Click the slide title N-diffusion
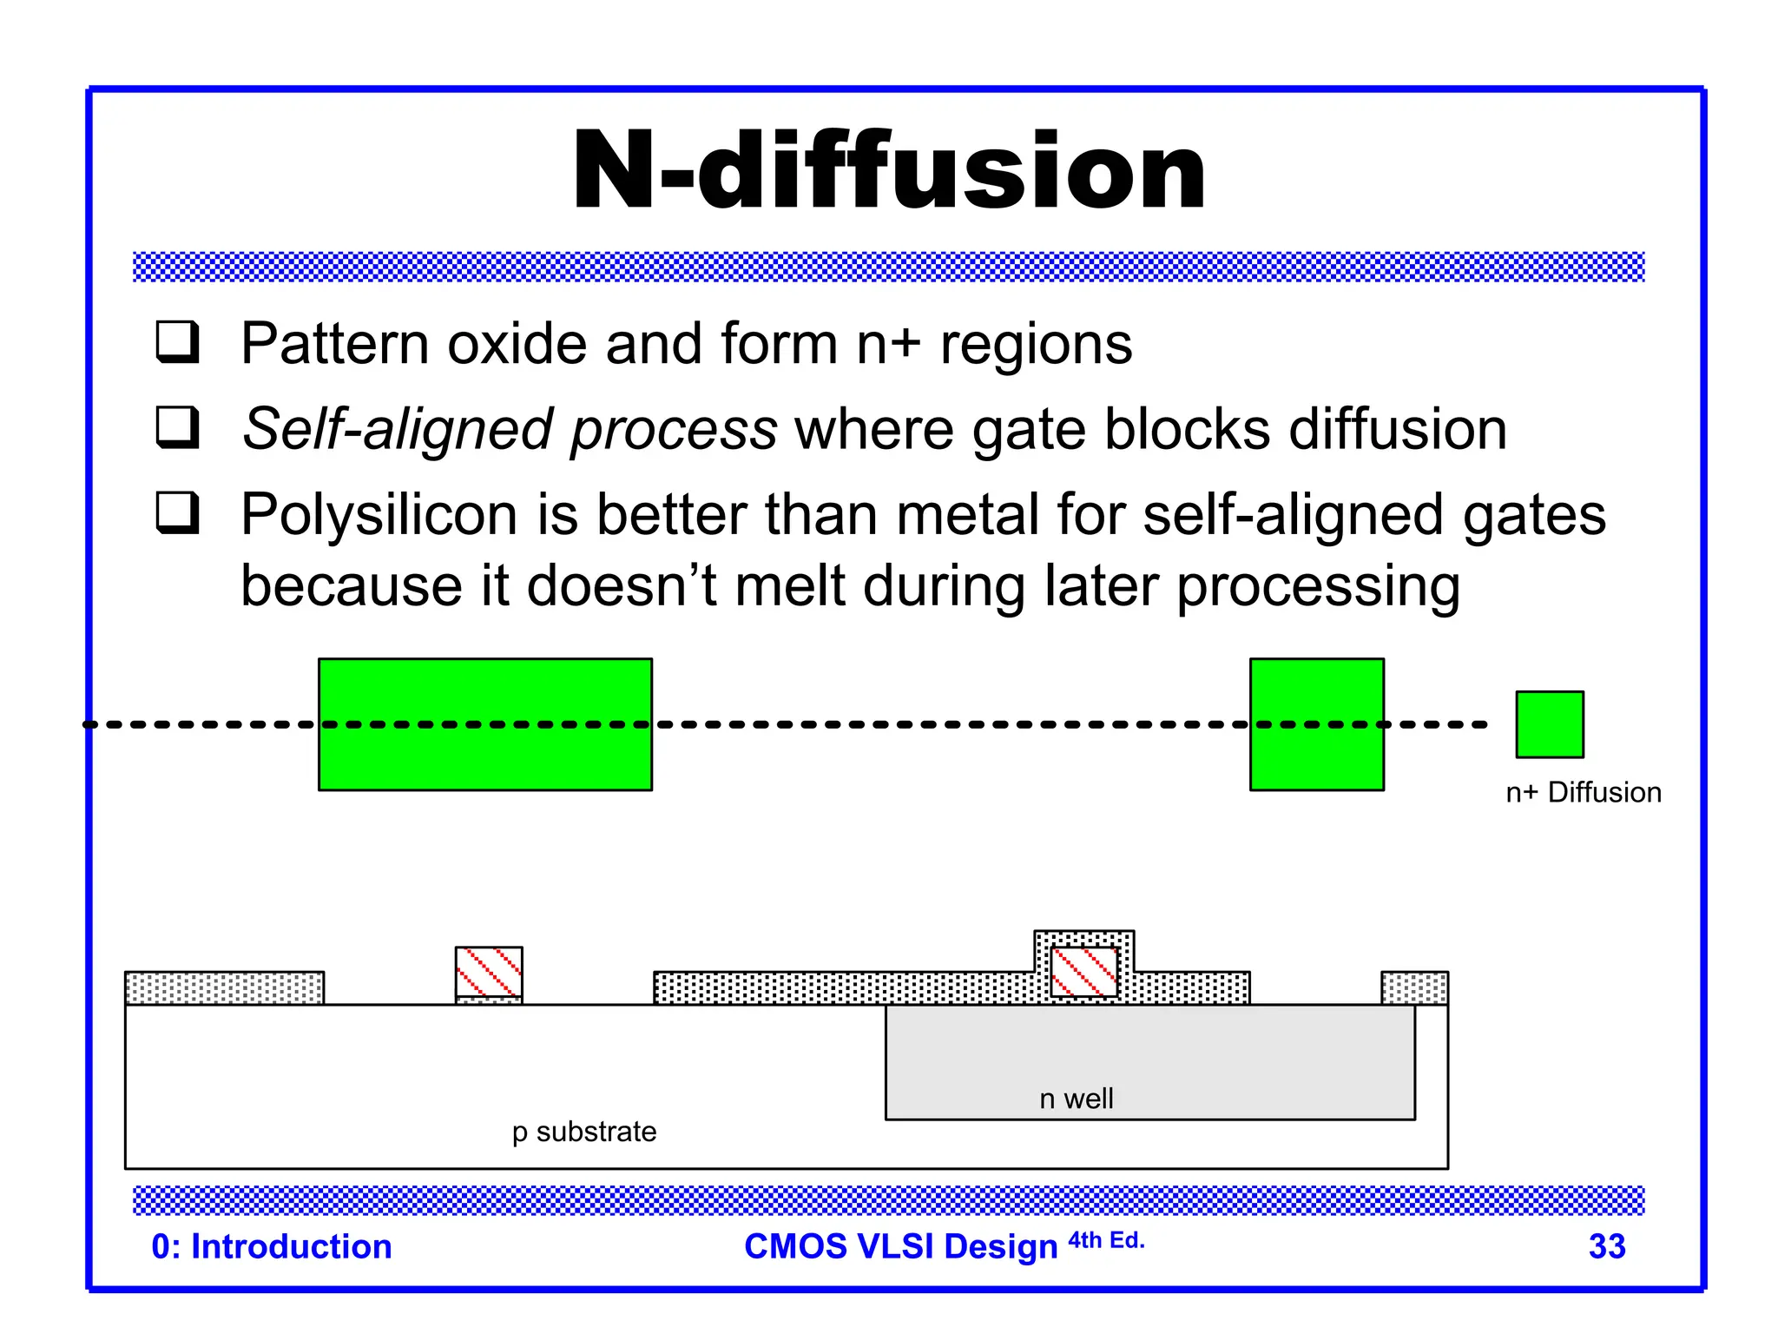(x=889, y=171)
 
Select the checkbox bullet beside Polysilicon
(x=178, y=512)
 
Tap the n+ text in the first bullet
(x=888, y=345)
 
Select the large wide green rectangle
(x=484, y=724)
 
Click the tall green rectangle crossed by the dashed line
(x=1316, y=724)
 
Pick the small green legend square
(x=1549, y=724)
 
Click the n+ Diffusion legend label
(x=1583, y=793)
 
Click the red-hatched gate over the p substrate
(x=489, y=972)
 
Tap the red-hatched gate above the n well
(x=1083, y=972)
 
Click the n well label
(x=1076, y=1100)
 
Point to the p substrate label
(x=583, y=1133)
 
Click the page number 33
(x=1606, y=1247)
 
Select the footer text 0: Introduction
(x=272, y=1247)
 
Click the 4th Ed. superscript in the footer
(x=1106, y=1241)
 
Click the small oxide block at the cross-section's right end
(x=1414, y=988)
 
